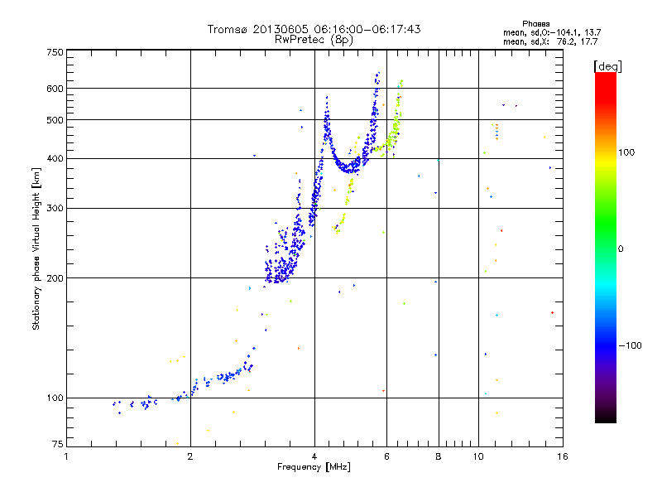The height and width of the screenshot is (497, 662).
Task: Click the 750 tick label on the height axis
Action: [55, 51]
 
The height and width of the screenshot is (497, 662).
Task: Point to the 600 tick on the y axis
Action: [55, 89]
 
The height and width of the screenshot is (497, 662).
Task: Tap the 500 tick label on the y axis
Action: [55, 120]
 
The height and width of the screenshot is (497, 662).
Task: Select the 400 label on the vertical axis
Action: [55, 159]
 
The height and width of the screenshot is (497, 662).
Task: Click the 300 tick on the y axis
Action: [55, 209]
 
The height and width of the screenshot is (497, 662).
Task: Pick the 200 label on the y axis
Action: [55, 278]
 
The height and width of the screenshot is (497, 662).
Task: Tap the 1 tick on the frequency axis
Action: [66, 456]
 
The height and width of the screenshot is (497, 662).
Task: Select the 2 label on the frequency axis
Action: [190, 456]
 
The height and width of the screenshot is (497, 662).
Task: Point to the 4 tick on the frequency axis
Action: [314, 456]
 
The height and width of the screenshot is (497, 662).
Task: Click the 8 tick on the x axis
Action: [439, 456]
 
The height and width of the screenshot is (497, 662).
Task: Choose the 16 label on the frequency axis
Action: [562, 456]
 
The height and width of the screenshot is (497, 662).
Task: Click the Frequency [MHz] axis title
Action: [314, 468]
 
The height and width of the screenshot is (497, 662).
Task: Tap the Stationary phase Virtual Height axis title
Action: [36, 248]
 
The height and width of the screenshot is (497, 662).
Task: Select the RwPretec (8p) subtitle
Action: [314, 39]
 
